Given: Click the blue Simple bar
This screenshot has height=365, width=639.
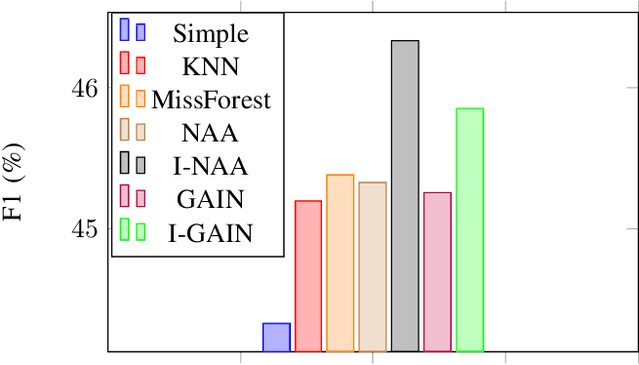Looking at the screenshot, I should [276, 337].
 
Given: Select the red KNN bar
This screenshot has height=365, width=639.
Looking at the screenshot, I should [308, 276].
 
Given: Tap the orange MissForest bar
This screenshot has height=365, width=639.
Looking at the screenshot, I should [340, 263].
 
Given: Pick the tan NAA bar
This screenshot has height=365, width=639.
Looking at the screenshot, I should [372, 267].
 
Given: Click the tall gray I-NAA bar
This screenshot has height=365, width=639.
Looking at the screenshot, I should [404, 196].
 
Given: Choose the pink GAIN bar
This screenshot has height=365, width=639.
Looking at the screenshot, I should [437, 272].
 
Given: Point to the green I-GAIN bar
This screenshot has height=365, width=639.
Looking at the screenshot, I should [469, 230].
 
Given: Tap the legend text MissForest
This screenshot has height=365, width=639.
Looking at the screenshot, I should [211, 99].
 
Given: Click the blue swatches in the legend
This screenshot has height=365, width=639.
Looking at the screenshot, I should [132, 31].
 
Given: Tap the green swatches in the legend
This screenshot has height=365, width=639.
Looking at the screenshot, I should [132, 231].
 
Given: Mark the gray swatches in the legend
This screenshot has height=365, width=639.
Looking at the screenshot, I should [132, 164].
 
